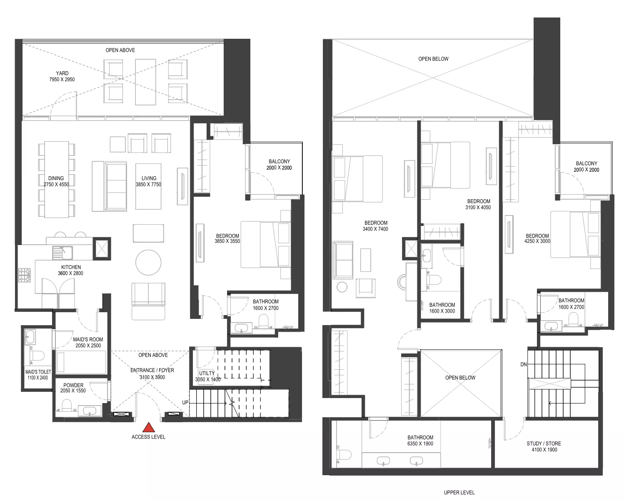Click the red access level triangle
(149, 427)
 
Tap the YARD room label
(62, 73)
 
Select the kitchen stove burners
(24, 276)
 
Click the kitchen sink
(62, 253)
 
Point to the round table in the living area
(148, 263)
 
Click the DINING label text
(56, 178)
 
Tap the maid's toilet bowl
(37, 356)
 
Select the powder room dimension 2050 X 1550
(73, 391)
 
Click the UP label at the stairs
(185, 402)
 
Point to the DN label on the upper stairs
(523, 364)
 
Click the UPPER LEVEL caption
(459, 492)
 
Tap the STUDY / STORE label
(544, 443)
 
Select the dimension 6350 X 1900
(420, 443)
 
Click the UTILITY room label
(207, 373)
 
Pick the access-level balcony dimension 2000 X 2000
(279, 168)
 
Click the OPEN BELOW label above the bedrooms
(433, 59)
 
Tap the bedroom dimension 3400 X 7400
(375, 229)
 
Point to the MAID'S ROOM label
(88, 339)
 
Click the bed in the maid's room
(81, 362)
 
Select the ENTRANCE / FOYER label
(152, 370)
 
